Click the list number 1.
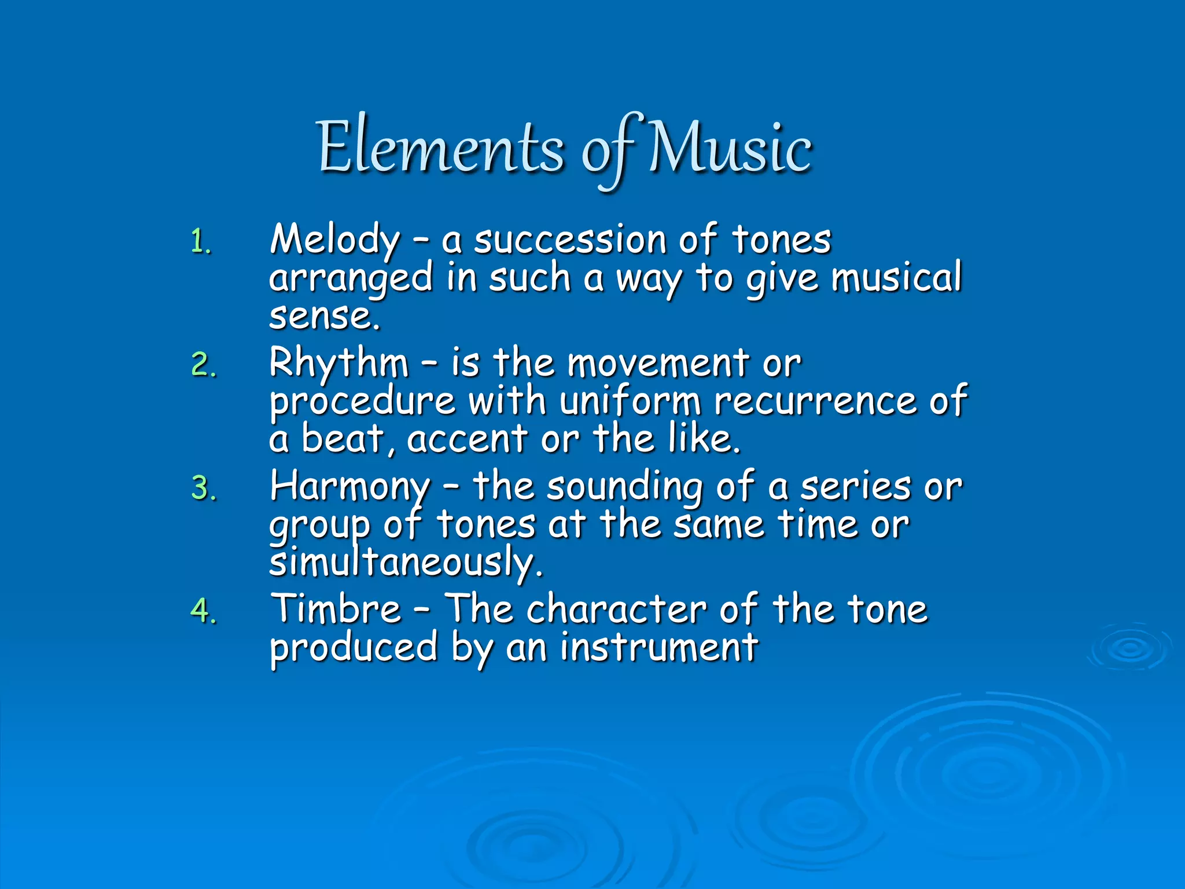(200, 242)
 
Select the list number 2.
(203, 365)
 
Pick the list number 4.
(203, 611)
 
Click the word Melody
(335, 239)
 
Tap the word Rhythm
(339, 363)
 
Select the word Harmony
(350, 487)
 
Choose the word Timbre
(336, 609)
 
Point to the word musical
(896, 278)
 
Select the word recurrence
(815, 401)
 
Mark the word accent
(467, 439)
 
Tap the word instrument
(659, 647)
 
